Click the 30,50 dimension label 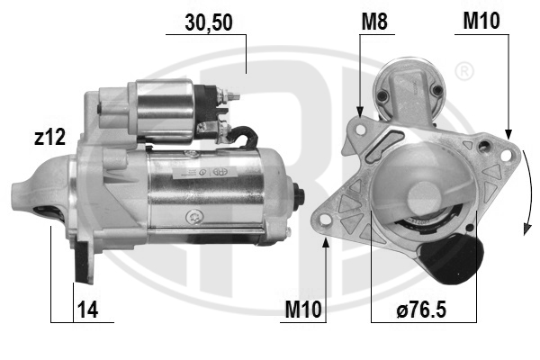(x=209, y=22)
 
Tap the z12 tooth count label (x=49, y=137)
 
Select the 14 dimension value (x=88, y=309)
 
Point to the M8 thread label (x=374, y=22)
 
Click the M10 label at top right (x=481, y=21)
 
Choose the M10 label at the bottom (x=303, y=309)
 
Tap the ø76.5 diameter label (x=421, y=309)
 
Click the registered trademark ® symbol (x=464, y=72)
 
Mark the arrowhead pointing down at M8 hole (x=360, y=112)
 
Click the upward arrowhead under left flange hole (x=326, y=242)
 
